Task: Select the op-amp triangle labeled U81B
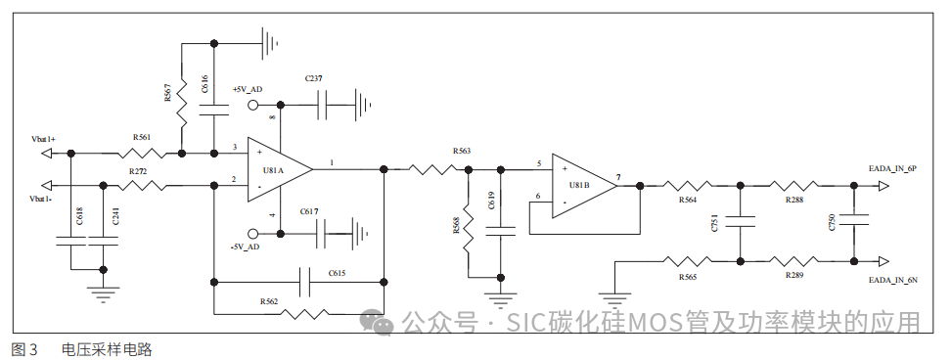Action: coord(581,183)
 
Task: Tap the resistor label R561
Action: coord(142,138)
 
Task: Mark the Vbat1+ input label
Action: coord(43,140)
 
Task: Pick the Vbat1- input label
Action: coord(41,200)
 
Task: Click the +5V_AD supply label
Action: coord(248,89)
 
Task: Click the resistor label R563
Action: coord(462,151)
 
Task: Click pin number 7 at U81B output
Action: coord(616,177)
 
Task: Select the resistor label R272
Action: coord(138,171)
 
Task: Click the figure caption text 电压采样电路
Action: coord(107,349)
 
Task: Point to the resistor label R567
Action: coord(168,93)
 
